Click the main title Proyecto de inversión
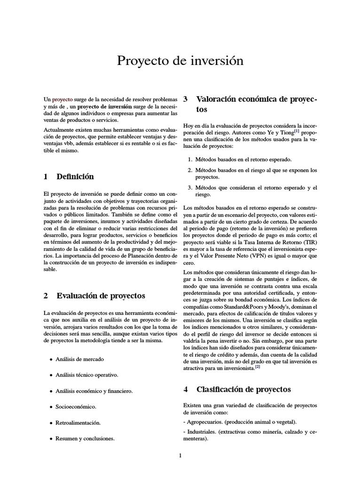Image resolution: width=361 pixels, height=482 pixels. coord(180,61)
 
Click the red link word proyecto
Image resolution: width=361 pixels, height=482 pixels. coord(62,100)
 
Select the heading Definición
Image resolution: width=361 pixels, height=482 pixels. coord(75,177)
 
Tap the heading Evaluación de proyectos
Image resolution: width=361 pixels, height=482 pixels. coord(101,296)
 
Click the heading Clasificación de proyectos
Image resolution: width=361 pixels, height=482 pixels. coord(243,389)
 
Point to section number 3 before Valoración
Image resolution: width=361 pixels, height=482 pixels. coord(185,99)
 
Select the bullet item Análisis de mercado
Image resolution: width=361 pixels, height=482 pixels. coord(79,359)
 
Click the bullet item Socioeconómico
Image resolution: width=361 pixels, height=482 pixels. coord(76,406)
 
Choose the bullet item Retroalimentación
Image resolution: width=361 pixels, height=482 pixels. coord(78,422)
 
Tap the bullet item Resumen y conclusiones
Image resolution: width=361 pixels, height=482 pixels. coord(85,438)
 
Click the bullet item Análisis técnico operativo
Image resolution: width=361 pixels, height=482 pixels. coord(87,375)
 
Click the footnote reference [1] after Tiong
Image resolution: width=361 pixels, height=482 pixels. coord(297,131)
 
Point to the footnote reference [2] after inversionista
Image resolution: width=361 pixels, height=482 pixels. coord(257,367)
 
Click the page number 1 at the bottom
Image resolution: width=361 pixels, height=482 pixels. coord(180,456)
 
